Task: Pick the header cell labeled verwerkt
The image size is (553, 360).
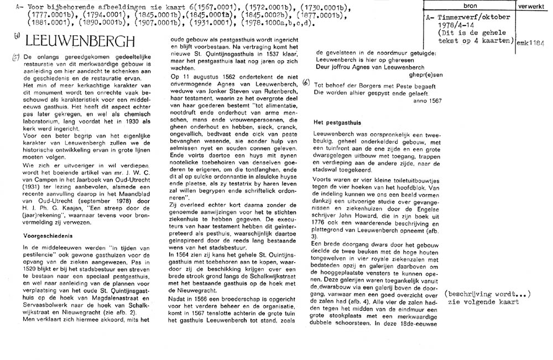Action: [x=534, y=6]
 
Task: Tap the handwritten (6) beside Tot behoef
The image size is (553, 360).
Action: [x=306, y=83]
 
